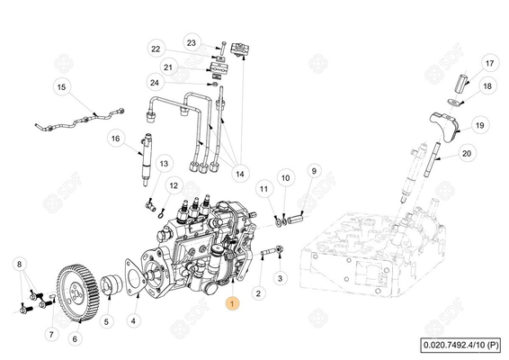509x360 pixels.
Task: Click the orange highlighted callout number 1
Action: click(234, 306)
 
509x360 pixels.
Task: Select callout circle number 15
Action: click(61, 87)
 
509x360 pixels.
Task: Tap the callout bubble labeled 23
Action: click(191, 42)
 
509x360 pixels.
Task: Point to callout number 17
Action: click(489, 64)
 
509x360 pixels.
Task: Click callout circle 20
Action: click(466, 154)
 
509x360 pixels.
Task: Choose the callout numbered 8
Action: click(19, 264)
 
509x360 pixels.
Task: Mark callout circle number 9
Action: click(314, 170)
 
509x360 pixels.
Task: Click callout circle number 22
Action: click(155, 49)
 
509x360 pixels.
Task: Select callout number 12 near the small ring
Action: click(171, 185)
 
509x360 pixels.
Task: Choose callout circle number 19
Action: click(479, 125)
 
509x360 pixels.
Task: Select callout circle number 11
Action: click(263, 189)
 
